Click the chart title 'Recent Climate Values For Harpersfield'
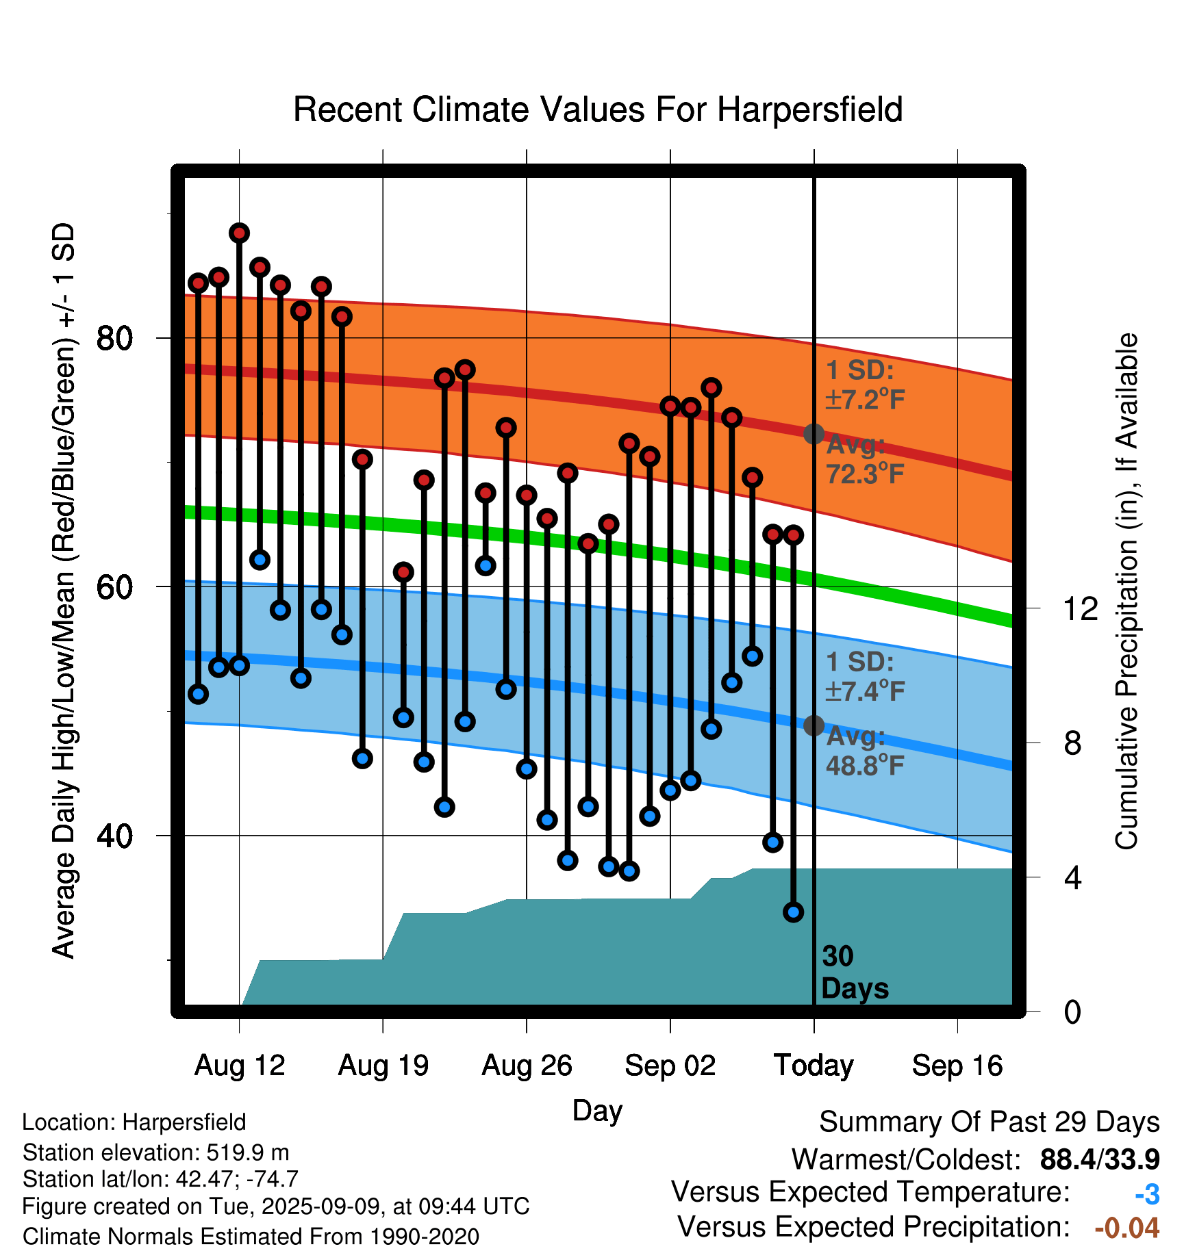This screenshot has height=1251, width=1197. click(x=598, y=109)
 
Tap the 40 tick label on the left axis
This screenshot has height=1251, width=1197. click(x=114, y=836)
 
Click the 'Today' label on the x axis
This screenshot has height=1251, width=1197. click(x=814, y=1066)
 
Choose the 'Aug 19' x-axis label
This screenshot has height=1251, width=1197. click(x=383, y=1066)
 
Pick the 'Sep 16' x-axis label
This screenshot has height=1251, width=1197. click(x=957, y=1066)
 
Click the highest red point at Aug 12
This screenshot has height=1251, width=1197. click(x=239, y=233)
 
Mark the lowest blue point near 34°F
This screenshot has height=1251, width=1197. click(x=793, y=912)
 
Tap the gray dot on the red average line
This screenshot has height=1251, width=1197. click(x=814, y=434)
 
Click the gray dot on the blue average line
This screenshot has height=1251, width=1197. click(x=814, y=725)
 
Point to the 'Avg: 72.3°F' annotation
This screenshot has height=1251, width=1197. click(x=866, y=459)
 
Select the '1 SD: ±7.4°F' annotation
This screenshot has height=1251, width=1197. click(x=866, y=677)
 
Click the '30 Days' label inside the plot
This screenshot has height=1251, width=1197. click(x=855, y=972)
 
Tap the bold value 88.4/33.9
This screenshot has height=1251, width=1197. click(x=1100, y=1159)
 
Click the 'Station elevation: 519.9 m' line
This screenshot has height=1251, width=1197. click(x=156, y=1152)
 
